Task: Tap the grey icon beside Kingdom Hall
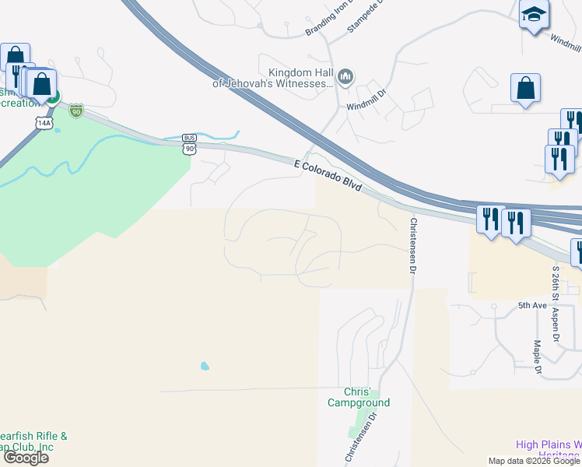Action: coord(346,76)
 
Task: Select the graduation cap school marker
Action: coord(534,15)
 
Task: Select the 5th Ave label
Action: coord(533,306)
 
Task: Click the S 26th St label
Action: coord(556,284)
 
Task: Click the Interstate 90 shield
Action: coord(75,111)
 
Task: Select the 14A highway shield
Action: coord(44,123)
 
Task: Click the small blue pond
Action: coord(205,365)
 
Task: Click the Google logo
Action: coord(26,458)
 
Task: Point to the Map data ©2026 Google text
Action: coord(533,461)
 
